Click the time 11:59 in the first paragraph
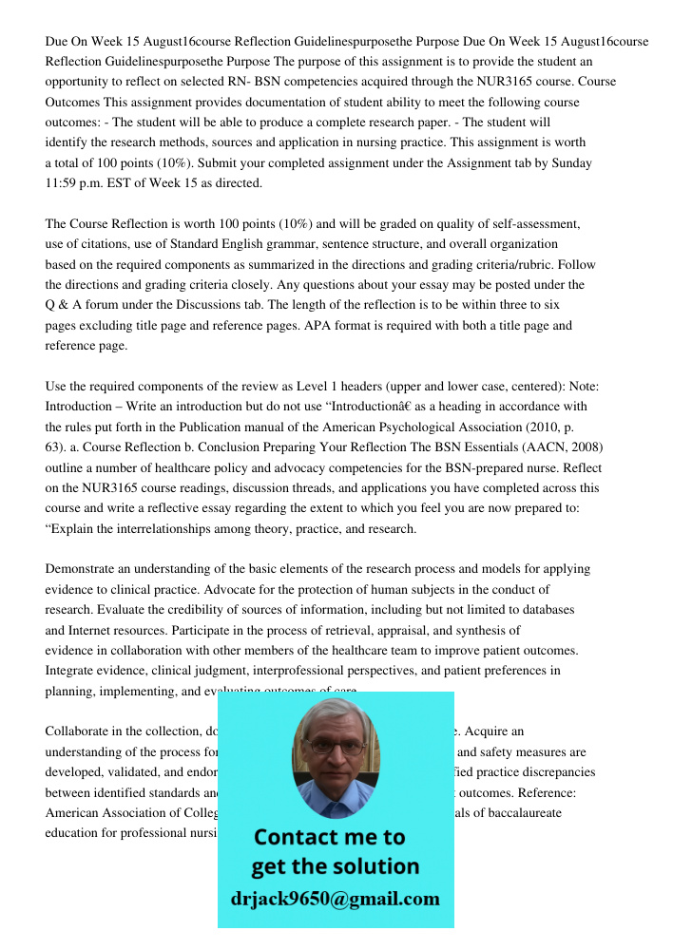[61, 183]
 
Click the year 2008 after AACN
[584, 447]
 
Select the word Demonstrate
[84, 569]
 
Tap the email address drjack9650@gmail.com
[336, 899]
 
